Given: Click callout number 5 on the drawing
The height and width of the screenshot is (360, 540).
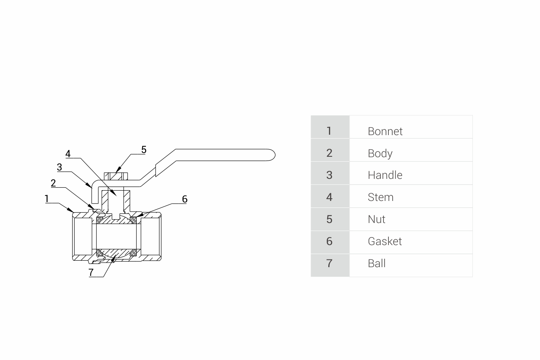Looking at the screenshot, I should coord(144,150).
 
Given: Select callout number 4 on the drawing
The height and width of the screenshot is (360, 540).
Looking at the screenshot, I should coord(68,154).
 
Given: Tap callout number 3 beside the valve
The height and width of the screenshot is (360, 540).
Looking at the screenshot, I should coord(59,167).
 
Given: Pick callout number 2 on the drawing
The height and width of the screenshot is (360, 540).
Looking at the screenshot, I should coord(53,183).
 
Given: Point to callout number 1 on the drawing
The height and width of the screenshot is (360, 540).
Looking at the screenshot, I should coord(47,198).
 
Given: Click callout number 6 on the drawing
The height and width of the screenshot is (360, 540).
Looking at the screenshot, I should coord(185,199).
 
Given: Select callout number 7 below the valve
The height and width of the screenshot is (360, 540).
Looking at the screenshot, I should coord(91,272).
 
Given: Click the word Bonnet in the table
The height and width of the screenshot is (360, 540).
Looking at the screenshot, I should coord(385,131).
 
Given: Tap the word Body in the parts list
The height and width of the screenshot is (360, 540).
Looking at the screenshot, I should coord(380,153).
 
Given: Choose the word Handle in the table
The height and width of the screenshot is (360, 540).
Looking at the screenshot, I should coord(385,175).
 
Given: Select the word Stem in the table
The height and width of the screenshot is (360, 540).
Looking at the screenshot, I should coord(380,197).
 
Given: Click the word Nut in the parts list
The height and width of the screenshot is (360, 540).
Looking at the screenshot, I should coord(376,219).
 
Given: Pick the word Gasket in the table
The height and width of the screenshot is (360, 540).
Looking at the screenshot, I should coord(384,241).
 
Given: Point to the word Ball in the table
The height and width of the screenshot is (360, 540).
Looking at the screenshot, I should coord(376,263).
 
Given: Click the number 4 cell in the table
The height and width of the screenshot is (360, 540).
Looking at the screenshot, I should coord(329,197).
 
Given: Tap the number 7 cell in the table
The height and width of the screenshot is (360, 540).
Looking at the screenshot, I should coord(329,263).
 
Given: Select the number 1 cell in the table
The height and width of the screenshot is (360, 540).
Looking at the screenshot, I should coord(329,131).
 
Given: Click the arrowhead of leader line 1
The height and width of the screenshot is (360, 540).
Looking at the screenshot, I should coord(72,210).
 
